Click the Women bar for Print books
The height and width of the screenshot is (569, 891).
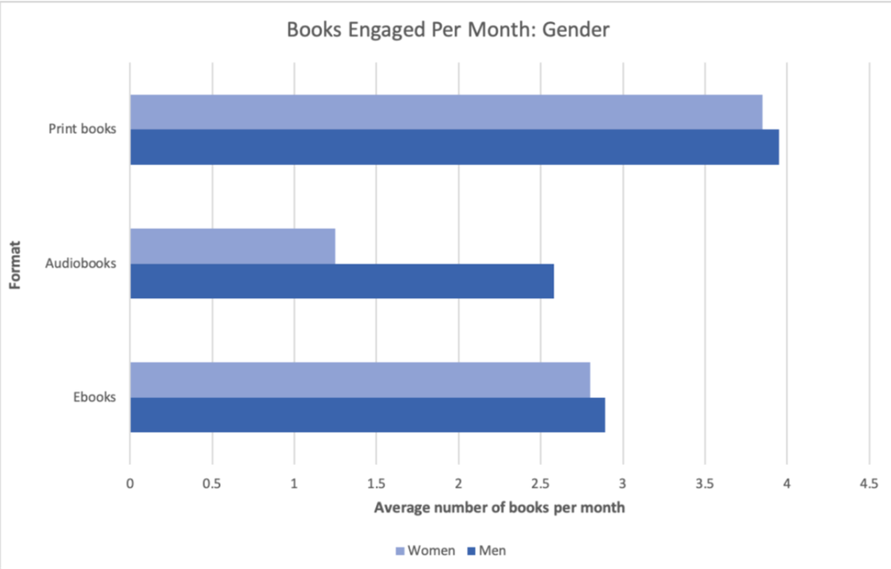click(x=445, y=112)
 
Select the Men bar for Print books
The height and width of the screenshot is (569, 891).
click(x=454, y=147)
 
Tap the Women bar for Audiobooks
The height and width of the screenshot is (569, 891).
click(x=233, y=246)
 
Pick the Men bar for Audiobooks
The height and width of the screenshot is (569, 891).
click(x=342, y=280)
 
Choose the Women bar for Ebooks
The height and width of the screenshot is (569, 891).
click(x=360, y=379)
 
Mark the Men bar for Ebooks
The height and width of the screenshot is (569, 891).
click(x=367, y=415)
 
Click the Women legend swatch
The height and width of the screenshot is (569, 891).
click(x=399, y=551)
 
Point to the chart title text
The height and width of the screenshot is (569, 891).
click(x=447, y=29)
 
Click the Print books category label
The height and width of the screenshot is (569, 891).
click(x=82, y=129)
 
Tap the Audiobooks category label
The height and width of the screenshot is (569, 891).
click(x=80, y=264)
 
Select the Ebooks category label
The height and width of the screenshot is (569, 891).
click(x=94, y=397)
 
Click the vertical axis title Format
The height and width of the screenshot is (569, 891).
click(x=14, y=264)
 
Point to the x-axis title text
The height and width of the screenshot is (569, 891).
click(x=499, y=508)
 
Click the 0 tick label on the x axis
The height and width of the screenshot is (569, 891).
click(x=130, y=484)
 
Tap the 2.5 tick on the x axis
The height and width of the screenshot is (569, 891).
click(x=540, y=484)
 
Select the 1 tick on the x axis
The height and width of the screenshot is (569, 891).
click(x=294, y=484)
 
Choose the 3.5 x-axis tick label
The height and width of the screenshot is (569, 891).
click(x=705, y=484)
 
